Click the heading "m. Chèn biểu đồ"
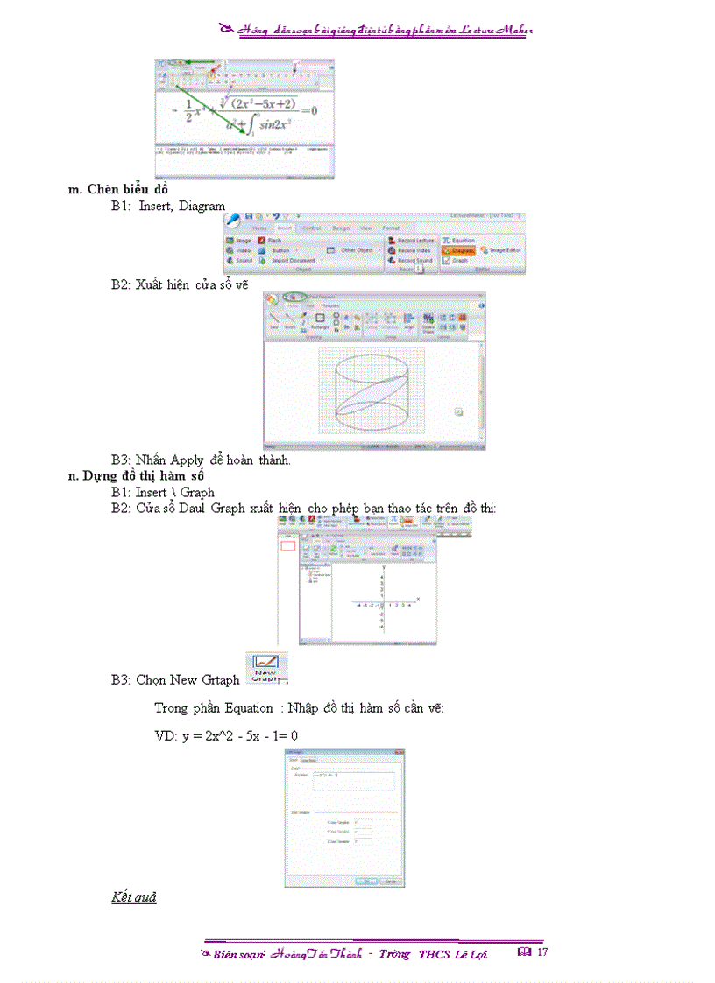coord(118,189)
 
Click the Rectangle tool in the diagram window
coord(320,321)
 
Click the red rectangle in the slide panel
coord(287,546)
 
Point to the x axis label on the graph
coord(418,599)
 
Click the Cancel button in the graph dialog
coord(391,881)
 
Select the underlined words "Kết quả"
coord(133,897)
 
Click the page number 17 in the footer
coord(542,951)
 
